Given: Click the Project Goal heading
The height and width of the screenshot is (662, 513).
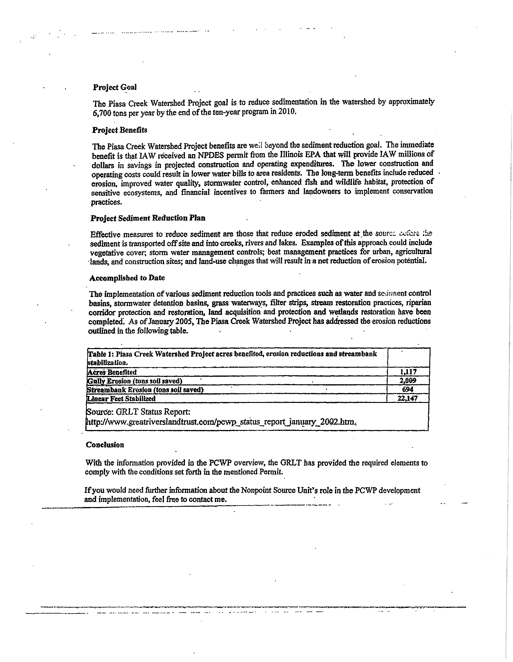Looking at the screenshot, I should coord(115,87).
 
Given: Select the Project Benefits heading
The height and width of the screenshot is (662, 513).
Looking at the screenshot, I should coord(120,130).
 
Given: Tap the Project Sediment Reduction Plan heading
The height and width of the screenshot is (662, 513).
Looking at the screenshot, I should coord(148,218).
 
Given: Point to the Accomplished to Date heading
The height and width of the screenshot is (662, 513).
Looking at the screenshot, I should coord(127,278).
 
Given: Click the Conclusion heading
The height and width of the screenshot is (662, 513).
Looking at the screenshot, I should coord(105,445).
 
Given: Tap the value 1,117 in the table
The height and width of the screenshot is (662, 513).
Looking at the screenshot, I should coord(408,372).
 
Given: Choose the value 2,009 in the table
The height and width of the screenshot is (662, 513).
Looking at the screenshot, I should coord(408,380).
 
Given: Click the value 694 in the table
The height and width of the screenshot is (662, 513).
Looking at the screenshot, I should coord(408,389).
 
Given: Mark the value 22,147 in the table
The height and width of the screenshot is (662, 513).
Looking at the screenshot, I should coord(408,398).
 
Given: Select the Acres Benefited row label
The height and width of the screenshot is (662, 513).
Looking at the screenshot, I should coord(112,372).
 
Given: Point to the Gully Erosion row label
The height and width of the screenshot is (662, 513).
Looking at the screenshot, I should coord(135,381).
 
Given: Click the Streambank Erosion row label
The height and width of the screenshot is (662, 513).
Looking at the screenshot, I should coord(145,390).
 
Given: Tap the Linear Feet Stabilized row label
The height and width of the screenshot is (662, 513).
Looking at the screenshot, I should coord(121,399).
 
